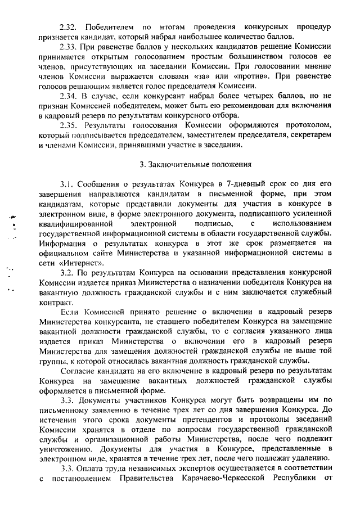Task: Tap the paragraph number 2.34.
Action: (70, 96)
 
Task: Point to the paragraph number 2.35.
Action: (70, 125)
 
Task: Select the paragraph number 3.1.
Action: (68, 184)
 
